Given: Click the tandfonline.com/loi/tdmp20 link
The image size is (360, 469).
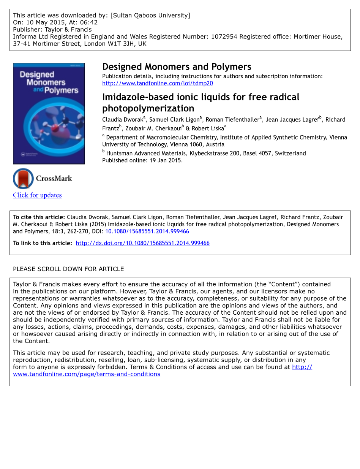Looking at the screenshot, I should tap(157, 83).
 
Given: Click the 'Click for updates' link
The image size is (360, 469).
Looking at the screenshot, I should tap(37, 195).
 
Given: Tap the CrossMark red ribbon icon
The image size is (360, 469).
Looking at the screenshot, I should tap(24, 178).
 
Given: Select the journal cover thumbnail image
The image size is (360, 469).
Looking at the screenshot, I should tap(49, 113).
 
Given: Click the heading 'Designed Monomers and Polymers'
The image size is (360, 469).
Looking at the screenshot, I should tap(177, 67).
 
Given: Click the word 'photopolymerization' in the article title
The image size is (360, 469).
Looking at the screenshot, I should tap(148, 108).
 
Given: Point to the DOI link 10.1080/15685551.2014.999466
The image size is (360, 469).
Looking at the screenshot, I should tap(147, 231).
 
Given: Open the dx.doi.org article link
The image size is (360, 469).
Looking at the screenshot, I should tap(142, 243).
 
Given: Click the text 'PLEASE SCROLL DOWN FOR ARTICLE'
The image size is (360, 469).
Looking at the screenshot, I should tap(68, 269).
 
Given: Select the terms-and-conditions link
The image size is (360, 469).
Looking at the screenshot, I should tap(87, 374).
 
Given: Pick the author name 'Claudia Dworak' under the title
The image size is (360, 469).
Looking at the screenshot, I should tap(122, 120).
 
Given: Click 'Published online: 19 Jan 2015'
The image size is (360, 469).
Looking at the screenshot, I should tap(142, 160).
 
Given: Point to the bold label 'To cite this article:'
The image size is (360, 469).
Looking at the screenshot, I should tap(39, 217).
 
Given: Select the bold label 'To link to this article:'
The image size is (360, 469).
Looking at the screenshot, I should tap(43, 243).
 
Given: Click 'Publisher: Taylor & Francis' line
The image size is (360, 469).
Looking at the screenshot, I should tap(52, 29).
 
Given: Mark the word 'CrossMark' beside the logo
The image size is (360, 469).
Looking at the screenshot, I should tap(54, 178).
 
